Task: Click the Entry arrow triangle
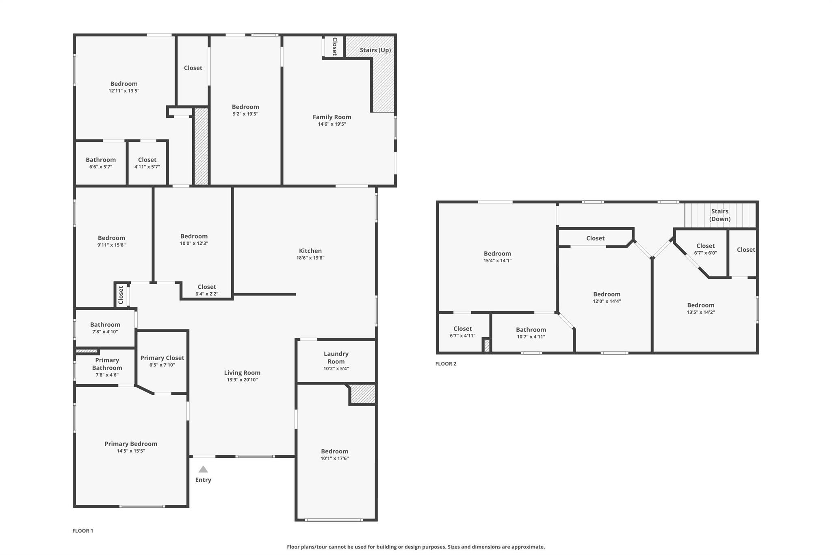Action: [x=203, y=469]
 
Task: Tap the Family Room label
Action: [x=332, y=117]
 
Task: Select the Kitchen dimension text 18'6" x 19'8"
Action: [x=310, y=258]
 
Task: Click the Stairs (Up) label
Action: [x=375, y=50]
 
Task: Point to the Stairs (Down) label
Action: [x=720, y=215]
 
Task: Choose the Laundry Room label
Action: [x=336, y=358]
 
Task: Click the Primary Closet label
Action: [x=162, y=358]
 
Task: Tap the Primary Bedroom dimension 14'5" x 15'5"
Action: [x=131, y=451]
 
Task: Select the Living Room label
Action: [x=242, y=373]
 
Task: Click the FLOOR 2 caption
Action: [x=446, y=363]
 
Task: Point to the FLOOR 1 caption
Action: [x=83, y=531]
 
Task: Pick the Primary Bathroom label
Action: [x=107, y=364]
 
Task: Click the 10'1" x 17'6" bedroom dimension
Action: [x=335, y=458]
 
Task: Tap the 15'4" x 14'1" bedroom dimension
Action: [x=497, y=261]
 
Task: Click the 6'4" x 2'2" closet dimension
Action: [x=207, y=294]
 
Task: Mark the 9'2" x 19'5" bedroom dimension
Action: [x=245, y=114]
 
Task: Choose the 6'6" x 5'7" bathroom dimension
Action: [x=101, y=167]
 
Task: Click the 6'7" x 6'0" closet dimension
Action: [x=706, y=253]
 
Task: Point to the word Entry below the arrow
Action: [x=203, y=480]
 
